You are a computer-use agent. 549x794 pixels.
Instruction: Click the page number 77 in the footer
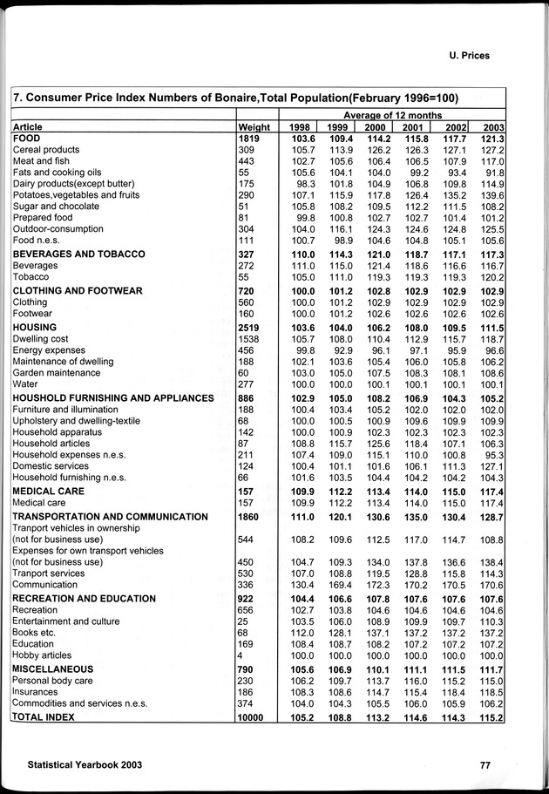tap(485, 765)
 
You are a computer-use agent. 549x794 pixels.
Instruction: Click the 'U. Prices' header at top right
tap(463, 55)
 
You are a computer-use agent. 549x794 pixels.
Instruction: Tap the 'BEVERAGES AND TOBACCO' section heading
tap(78, 253)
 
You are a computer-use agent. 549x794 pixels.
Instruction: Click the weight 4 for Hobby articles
tap(241, 655)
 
